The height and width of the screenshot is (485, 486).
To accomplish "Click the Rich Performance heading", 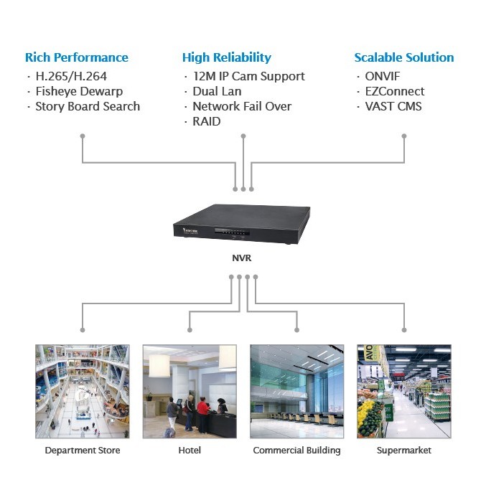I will [76, 57].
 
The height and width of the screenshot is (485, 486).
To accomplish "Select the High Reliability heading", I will [226, 57].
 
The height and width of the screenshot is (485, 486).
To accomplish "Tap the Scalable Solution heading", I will [403, 57].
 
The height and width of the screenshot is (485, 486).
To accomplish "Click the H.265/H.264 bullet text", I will [71, 76].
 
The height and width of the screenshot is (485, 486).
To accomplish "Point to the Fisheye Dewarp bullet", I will [79, 91].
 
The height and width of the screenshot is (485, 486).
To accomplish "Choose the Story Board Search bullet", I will [88, 106].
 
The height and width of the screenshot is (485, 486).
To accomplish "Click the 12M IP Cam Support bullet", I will [248, 76].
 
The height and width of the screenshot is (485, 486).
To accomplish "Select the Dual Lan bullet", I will [217, 91].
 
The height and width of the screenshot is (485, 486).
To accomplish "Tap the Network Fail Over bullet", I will [242, 106].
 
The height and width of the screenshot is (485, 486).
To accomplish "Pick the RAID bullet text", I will [207, 121].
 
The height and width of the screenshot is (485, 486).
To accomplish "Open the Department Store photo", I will [82, 391].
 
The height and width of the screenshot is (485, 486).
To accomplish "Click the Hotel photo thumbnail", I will [190, 391].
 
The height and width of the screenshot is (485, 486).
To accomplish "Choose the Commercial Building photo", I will [296, 391].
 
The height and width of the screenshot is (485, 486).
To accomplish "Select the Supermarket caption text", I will [403, 451].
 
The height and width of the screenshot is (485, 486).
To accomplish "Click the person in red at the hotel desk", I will [203, 412].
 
